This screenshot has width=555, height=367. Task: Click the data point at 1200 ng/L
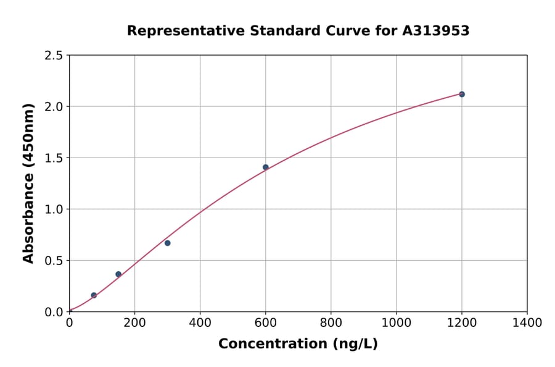[462, 94]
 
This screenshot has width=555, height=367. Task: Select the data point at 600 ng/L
[266, 167]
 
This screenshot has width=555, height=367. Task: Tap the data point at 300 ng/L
[168, 243]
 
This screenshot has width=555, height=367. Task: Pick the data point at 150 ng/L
[118, 274]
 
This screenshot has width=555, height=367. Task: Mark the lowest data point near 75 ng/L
[94, 295]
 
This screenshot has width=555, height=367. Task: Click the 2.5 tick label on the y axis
[54, 56]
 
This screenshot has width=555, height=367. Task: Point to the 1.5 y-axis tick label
[54, 158]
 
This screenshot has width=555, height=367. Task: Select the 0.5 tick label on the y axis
[54, 261]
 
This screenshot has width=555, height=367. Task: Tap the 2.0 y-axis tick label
[54, 107]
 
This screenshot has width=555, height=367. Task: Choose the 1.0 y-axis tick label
[54, 209]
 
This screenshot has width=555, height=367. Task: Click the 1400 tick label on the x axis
[527, 323]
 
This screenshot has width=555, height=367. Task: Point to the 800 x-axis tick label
[331, 323]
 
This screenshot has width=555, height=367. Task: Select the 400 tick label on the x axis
[200, 323]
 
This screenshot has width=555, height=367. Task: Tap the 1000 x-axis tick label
[397, 323]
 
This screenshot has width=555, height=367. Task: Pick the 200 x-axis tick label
[134, 323]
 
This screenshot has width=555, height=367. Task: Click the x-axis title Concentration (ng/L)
[298, 344]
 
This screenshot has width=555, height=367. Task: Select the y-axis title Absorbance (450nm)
[28, 183]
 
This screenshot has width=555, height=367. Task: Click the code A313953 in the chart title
[436, 31]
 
